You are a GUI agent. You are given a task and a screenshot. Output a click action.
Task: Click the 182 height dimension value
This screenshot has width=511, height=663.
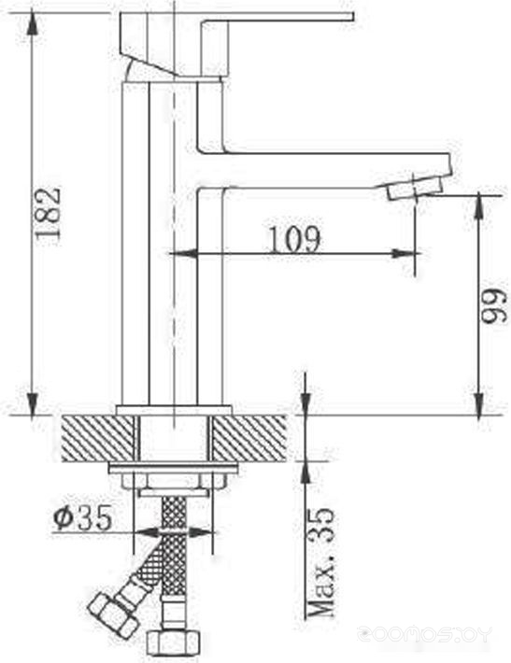[x=49, y=213]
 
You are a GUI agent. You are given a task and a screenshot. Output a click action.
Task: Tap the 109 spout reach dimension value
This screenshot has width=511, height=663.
[x=295, y=239]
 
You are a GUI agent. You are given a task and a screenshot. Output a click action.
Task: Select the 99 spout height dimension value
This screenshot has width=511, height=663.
[x=493, y=306]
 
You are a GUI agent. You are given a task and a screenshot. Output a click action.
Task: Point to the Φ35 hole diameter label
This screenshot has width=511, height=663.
[x=83, y=517]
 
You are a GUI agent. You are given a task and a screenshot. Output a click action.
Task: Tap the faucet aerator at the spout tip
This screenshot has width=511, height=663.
[x=415, y=189]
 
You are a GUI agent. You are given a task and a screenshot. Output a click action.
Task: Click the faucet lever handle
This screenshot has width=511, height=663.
[x=237, y=44]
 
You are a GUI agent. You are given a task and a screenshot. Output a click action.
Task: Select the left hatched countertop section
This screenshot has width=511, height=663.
[x=98, y=439]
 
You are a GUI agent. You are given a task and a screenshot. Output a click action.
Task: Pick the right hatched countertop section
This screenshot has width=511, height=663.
[x=248, y=439]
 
